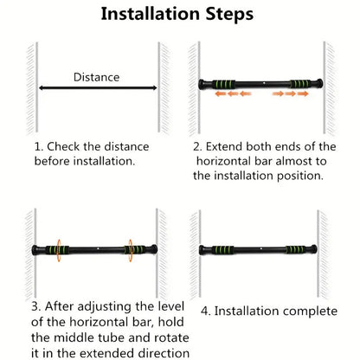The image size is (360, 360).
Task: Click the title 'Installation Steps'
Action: [x=178, y=14]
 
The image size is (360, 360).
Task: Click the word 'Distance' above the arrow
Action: [x=96, y=77]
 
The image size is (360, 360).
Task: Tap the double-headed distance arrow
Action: [x=96, y=87]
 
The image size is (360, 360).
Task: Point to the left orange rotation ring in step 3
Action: [x=58, y=249]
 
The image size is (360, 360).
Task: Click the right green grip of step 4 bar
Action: [x=300, y=250]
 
